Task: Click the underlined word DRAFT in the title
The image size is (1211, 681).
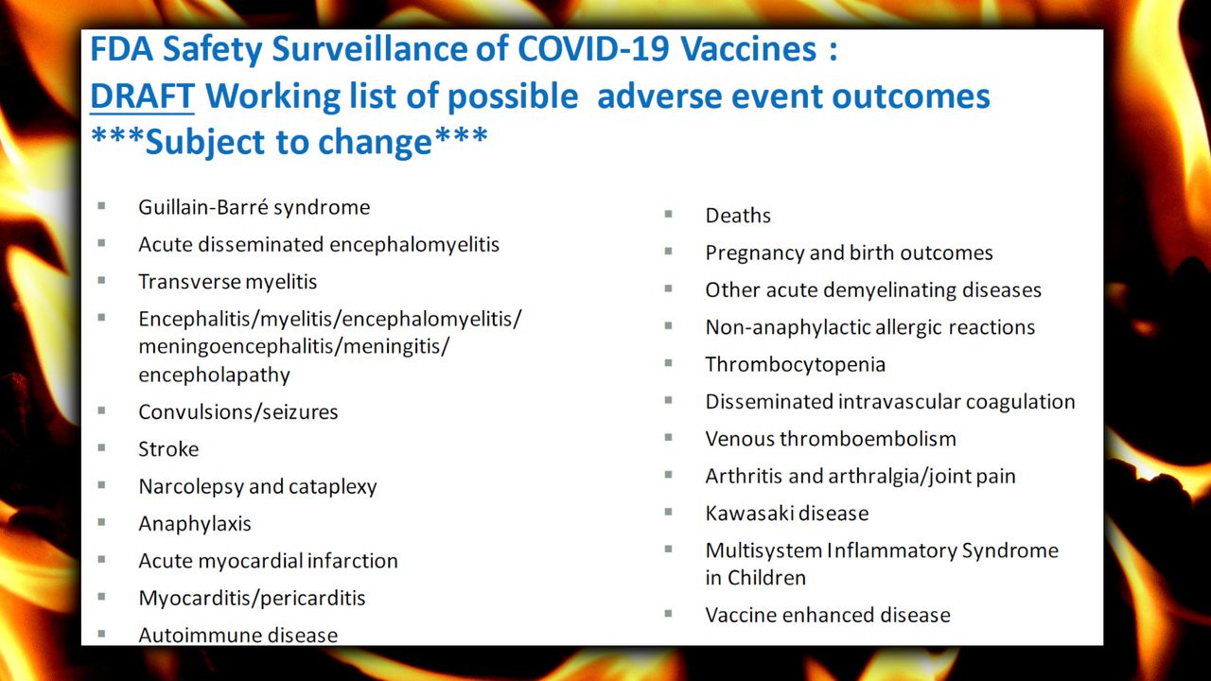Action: (x=142, y=96)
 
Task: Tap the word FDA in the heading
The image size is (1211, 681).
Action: (x=122, y=48)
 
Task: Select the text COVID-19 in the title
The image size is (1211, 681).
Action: (x=593, y=48)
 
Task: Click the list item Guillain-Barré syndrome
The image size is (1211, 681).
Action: (x=254, y=207)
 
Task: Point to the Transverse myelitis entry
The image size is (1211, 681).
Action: (x=228, y=282)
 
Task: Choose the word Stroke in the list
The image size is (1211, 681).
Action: (x=168, y=449)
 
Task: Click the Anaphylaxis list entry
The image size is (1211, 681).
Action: (x=195, y=524)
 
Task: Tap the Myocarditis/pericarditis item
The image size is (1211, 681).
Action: (x=252, y=599)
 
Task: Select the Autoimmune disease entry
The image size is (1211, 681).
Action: (x=237, y=635)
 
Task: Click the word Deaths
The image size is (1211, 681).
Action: (x=738, y=216)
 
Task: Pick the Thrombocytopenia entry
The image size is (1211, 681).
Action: (x=796, y=365)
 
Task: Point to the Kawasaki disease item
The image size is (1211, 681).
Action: (x=787, y=514)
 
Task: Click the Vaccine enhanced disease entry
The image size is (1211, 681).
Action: (x=828, y=615)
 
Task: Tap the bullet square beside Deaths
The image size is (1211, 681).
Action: (x=668, y=214)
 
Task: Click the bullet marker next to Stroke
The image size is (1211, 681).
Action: (x=101, y=447)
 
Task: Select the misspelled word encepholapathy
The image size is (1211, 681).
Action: (x=214, y=375)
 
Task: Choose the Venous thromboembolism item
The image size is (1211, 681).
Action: (x=831, y=439)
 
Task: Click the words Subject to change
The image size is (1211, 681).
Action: (x=289, y=143)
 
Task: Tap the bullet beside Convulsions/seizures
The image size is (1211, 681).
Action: (x=101, y=410)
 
